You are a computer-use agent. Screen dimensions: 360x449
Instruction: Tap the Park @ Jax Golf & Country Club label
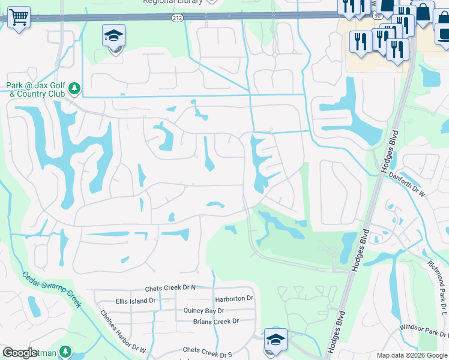pos(35,90)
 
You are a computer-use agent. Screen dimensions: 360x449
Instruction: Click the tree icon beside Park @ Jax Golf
pos(74,89)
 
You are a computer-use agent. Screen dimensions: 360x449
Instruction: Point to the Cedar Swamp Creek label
pos(52,290)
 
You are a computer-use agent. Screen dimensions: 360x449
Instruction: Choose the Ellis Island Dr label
pos(136,301)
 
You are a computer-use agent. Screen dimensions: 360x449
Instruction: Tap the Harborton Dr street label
pos(234,298)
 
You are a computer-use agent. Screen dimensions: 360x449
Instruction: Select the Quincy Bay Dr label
pos(204,311)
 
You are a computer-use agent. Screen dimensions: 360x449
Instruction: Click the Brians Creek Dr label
pos(215,322)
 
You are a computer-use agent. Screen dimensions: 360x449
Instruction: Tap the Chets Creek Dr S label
pos(207,350)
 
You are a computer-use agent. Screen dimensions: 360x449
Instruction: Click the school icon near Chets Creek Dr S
pos(276,340)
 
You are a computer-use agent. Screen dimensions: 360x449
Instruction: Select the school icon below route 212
pos(113,37)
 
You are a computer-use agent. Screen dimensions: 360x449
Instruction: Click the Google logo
pos(20,353)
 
